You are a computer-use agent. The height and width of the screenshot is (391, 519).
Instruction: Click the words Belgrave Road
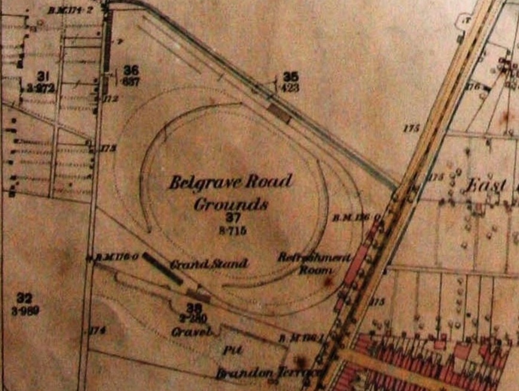click(x=230, y=182)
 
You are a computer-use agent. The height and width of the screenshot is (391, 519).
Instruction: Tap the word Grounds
click(x=231, y=204)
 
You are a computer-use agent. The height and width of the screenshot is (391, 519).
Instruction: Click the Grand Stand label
click(x=209, y=264)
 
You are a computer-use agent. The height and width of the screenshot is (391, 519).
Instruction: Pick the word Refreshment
click(x=314, y=258)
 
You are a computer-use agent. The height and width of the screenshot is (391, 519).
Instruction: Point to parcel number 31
click(x=42, y=76)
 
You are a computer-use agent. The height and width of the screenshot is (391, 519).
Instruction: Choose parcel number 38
click(x=194, y=308)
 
